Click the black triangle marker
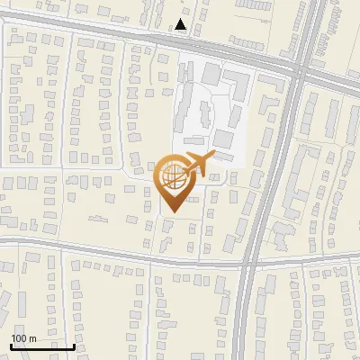click(x=181, y=24)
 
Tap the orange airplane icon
click(x=197, y=166)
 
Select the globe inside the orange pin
click(x=175, y=178)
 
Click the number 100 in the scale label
click(x=19, y=337)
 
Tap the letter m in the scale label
click(x=32, y=337)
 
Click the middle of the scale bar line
click(x=42, y=346)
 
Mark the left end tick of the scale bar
click(x=11, y=345)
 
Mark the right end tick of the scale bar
click(x=74, y=345)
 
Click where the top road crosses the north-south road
click(x=301, y=67)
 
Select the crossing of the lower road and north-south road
click(x=250, y=263)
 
